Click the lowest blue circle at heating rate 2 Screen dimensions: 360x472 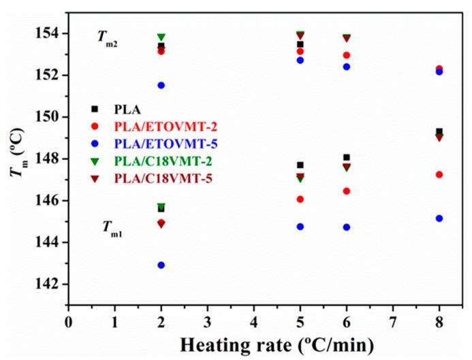161,265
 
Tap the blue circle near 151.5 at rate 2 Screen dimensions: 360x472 161,85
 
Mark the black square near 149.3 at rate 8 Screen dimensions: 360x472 439,131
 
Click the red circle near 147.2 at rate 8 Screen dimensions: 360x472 439,175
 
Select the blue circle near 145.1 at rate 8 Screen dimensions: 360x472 439,218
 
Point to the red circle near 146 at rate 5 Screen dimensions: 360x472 300,199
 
